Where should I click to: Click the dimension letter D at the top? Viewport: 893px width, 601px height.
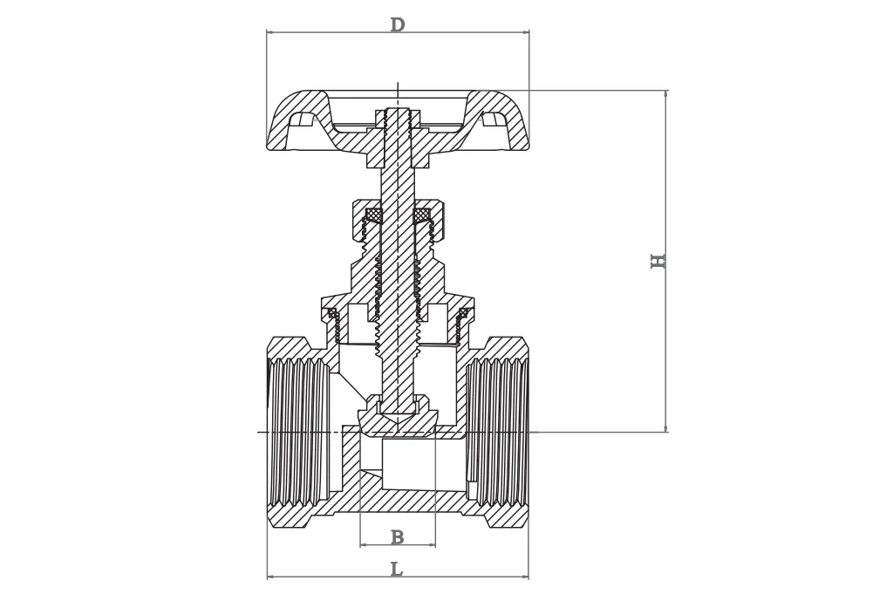pos(397,25)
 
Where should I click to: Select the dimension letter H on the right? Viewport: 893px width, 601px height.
pos(658,261)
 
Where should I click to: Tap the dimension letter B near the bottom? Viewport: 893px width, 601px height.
pos(397,538)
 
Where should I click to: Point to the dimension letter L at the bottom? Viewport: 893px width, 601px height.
pos(396,570)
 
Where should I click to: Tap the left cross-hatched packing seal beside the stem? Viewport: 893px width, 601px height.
pos(374,215)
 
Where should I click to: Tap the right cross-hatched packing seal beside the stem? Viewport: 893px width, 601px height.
pos(421,215)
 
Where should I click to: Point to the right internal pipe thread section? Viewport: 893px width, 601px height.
pos(498,432)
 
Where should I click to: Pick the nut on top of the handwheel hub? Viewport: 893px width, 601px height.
pos(398,118)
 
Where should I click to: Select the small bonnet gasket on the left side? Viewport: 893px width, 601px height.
pos(332,312)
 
